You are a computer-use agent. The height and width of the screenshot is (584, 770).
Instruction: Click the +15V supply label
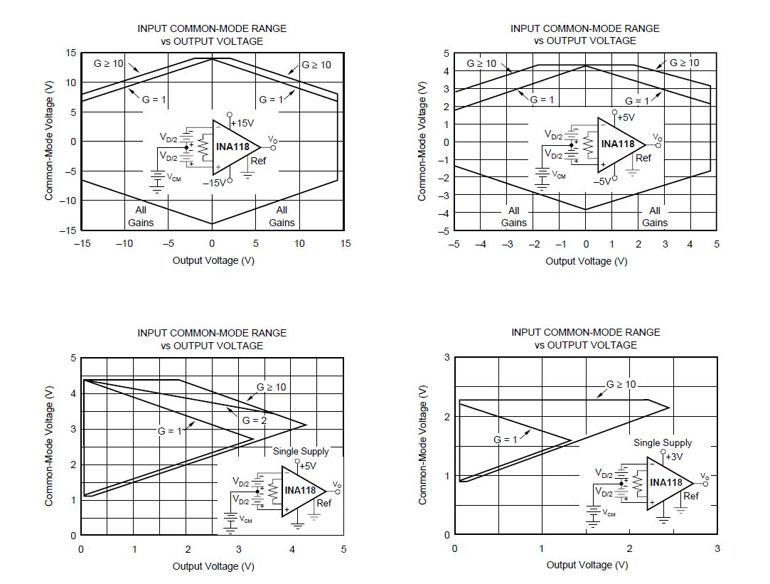click(243, 123)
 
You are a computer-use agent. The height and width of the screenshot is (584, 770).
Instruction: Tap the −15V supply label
click(213, 182)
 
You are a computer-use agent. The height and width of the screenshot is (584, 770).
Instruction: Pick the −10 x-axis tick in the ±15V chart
click(124, 243)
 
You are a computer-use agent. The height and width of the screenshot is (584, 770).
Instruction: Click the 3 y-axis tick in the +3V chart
click(447, 357)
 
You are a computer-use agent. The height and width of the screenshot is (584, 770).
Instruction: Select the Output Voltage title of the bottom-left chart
click(213, 566)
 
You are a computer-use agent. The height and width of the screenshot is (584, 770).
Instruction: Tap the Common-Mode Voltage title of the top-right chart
click(422, 141)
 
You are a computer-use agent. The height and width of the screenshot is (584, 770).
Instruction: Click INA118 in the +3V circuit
click(666, 482)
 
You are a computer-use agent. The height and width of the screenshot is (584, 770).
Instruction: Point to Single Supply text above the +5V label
click(301, 451)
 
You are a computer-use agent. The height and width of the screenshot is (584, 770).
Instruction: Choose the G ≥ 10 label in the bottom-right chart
click(621, 384)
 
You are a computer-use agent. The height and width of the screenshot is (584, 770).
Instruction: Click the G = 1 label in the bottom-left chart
click(170, 430)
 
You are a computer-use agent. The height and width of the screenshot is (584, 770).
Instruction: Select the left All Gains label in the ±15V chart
click(141, 216)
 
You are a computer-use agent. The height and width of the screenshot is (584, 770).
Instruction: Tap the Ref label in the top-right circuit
click(643, 158)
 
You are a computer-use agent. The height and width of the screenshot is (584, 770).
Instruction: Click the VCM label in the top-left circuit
click(173, 178)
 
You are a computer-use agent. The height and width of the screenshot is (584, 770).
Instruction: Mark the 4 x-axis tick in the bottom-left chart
click(292, 549)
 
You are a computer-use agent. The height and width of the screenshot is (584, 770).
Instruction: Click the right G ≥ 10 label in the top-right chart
click(684, 63)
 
